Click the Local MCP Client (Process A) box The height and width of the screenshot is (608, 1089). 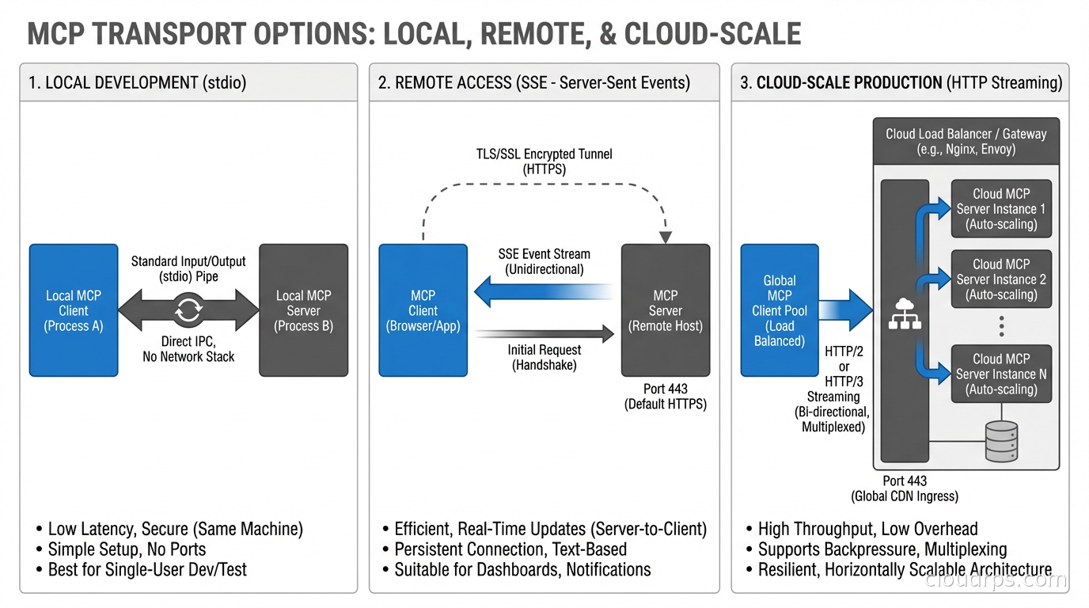[x=74, y=310]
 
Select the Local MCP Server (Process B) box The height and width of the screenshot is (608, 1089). [x=304, y=310]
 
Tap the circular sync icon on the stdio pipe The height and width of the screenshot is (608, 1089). [x=188, y=310]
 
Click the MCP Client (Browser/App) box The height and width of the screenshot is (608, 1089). [x=423, y=310]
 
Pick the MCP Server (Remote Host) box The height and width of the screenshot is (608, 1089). [x=665, y=310]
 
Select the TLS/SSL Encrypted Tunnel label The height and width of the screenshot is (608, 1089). [x=544, y=161]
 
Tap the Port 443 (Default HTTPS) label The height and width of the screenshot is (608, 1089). [x=666, y=397]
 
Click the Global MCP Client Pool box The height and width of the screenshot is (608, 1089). [x=779, y=310]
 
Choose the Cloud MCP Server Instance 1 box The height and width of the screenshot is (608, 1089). [x=1001, y=209]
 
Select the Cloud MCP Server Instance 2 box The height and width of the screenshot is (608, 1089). [x=1001, y=279]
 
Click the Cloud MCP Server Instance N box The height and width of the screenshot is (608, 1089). [x=1001, y=374]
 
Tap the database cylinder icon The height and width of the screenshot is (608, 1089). [x=1001, y=441]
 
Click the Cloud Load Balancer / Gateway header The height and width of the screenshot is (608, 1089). [x=966, y=141]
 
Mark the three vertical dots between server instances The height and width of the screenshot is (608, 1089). [x=1001, y=326]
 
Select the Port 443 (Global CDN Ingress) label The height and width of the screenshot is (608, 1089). [x=905, y=488]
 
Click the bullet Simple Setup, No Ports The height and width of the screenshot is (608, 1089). [x=127, y=549]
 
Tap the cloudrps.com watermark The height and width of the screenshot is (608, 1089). [x=996, y=579]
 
